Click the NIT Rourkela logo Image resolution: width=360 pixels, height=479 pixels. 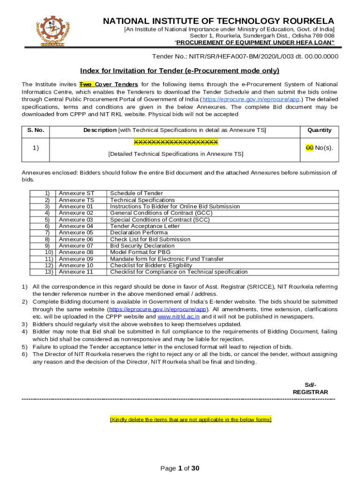click(x=51, y=31)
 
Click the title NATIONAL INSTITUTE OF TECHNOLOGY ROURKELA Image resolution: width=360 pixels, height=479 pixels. click(x=218, y=21)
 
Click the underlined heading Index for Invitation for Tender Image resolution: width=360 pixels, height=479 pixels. click(x=180, y=71)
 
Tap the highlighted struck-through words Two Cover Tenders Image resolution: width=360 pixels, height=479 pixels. click(x=108, y=84)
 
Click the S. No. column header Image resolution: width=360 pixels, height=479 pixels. click(x=36, y=130)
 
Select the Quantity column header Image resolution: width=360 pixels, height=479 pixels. click(x=319, y=130)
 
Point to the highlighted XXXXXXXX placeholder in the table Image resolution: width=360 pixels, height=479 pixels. click(x=176, y=142)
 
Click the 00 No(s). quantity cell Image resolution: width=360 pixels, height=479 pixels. click(x=319, y=148)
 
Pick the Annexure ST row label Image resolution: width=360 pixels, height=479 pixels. click(x=76, y=193)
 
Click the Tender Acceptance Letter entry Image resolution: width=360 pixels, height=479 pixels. click(x=144, y=226)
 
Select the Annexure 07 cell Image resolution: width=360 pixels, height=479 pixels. click(x=76, y=246)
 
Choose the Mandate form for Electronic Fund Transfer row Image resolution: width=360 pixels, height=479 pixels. click(x=166, y=259)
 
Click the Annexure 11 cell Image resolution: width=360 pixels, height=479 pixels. click(x=76, y=272)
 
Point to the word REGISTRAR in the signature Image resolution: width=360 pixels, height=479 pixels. click(x=310, y=392)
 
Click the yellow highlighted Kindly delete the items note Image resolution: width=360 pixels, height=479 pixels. click(x=190, y=420)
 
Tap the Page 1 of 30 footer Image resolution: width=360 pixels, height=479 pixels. click(x=180, y=468)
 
